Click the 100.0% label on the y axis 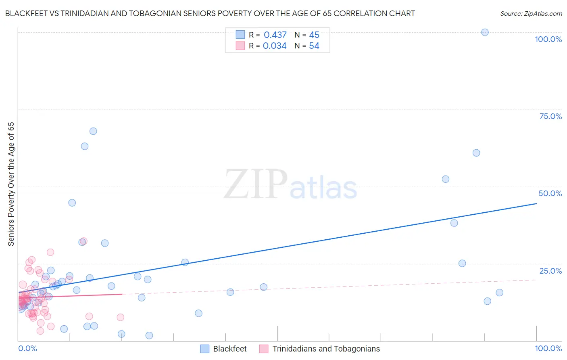click(x=548, y=39)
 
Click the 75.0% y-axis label click(x=550, y=116)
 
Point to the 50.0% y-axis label click(x=550, y=193)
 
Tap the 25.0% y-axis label click(x=550, y=271)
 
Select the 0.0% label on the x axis click(x=27, y=348)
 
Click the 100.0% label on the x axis click(x=548, y=348)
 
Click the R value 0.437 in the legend click(x=275, y=35)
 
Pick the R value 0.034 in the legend click(x=275, y=46)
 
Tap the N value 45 click(x=314, y=35)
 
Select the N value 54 click(x=314, y=46)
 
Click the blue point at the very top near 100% click(x=485, y=32)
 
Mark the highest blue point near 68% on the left click(x=93, y=131)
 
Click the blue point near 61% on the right click(x=476, y=153)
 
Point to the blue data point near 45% click(x=72, y=203)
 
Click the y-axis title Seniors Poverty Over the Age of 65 click(x=11, y=184)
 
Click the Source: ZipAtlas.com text click(x=531, y=14)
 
